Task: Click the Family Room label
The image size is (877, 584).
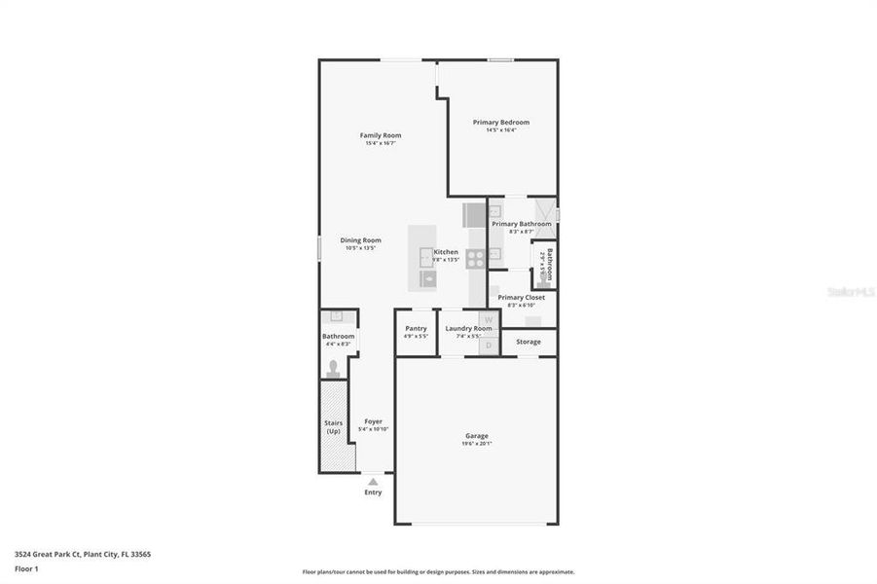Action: pyautogui.click(x=380, y=135)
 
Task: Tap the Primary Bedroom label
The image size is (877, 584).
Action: pyautogui.click(x=500, y=122)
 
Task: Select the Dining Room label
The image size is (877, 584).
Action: pyautogui.click(x=360, y=240)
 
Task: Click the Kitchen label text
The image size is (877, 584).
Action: pyautogui.click(x=446, y=252)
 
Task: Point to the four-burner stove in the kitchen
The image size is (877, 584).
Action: pyautogui.click(x=475, y=258)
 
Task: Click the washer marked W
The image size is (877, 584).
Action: pyautogui.click(x=490, y=320)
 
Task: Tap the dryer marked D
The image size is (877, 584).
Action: pyautogui.click(x=490, y=344)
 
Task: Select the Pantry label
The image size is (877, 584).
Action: pyautogui.click(x=416, y=329)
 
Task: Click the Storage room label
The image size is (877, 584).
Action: pyautogui.click(x=529, y=342)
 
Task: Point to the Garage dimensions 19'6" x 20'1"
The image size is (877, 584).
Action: pyautogui.click(x=476, y=444)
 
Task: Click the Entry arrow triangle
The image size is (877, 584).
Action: pyautogui.click(x=373, y=481)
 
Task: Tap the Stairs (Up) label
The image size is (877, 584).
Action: pyautogui.click(x=333, y=426)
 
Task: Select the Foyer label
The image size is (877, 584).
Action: pyautogui.click(x=373, y=421)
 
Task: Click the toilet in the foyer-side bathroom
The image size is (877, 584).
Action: pyautogui.click(x=334, y=368)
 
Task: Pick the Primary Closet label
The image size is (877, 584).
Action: pyautogui.click(x=521, y=297)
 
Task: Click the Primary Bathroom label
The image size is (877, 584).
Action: pyautogui.click(x=521, y=224)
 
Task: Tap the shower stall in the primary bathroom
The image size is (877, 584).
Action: pyautogui.click(x=546, y=209)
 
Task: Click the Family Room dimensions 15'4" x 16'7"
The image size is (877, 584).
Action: pyautogui.click(x=380, y=144)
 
